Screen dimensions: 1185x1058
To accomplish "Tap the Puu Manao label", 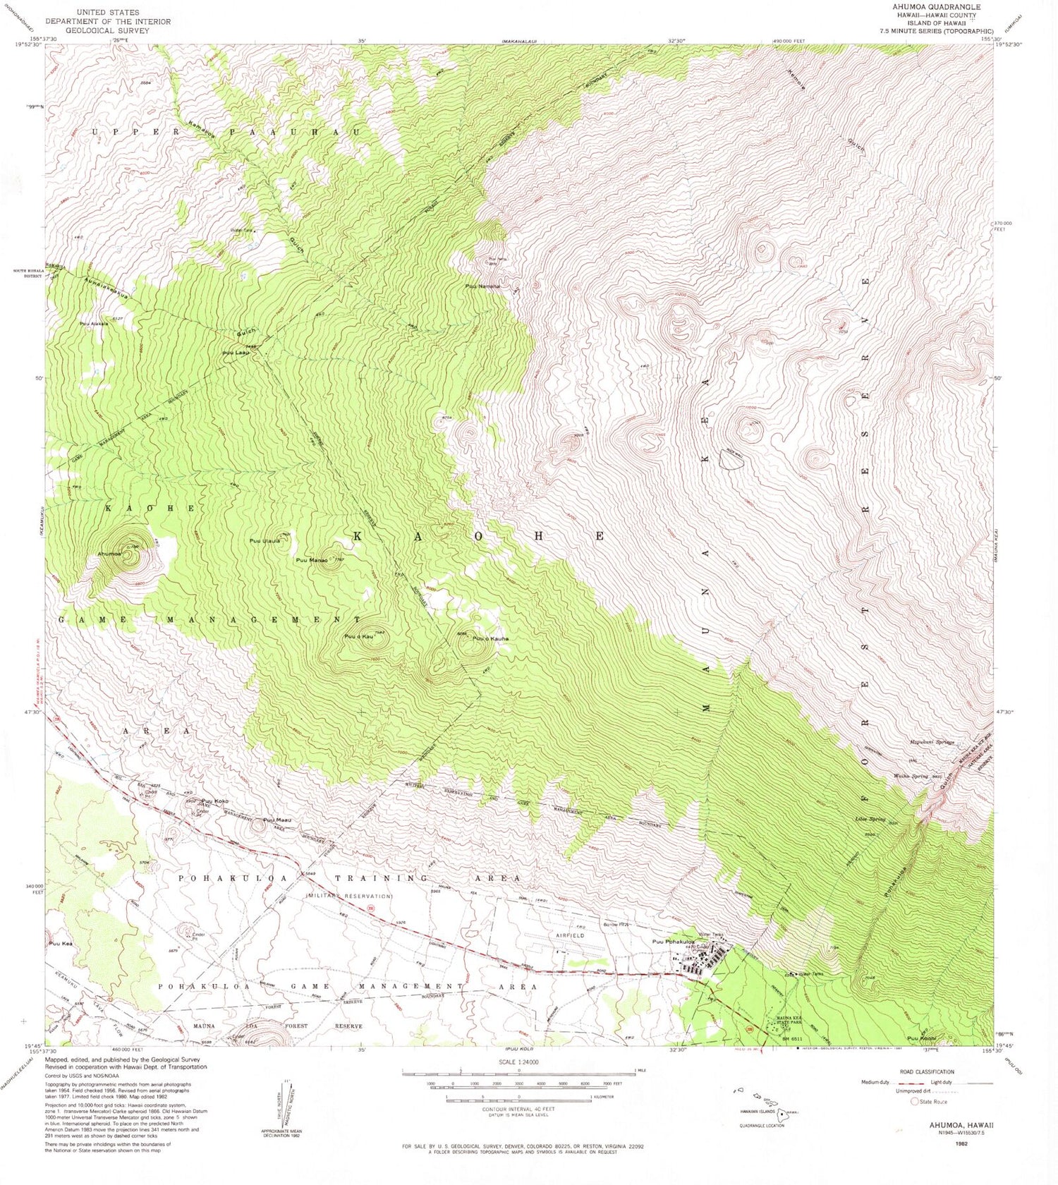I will pyautogui.click(x=311, y=560).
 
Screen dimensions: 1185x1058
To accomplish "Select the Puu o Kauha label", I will pyautogui.click(x=490, y=639).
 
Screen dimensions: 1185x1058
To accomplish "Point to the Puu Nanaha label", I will pyautogui.click(x=482, y=286).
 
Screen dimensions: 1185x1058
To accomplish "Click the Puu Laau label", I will pyautogui.click(x=233, y=353).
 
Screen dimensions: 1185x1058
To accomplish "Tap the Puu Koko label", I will pyautogui.click(x=215, y=801).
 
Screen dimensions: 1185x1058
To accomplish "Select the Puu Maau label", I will pyautogui.click(x=277, y=820).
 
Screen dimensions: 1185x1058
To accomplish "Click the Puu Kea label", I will pyautogui.click(x=61, y=944).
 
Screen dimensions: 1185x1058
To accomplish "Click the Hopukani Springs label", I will pyautogui.click(x=931, y=742).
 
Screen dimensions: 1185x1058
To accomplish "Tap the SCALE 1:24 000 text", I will pyautogui.click(x=518, y=1062).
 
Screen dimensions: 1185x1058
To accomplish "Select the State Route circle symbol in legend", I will pyautogui.click(x=915, y=1101).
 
